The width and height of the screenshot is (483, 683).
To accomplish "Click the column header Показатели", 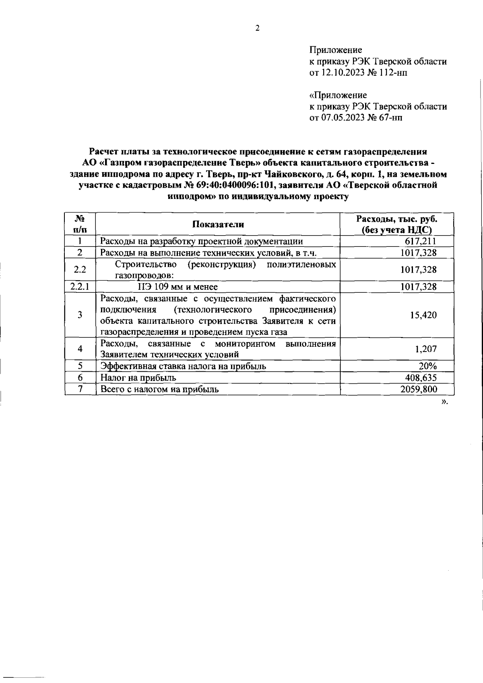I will pyautogui.click(x=218, y=225).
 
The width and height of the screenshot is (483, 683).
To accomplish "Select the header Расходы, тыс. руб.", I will pyautogui.click(x=397, y=219).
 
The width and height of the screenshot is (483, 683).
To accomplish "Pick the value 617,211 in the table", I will pyautogui.click(x=420, y=242).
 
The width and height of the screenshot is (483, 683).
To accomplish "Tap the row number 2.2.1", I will pyautogui.click(x=80, y=287).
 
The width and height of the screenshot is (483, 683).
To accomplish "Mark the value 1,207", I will pyautogui.click(x=425, y=349).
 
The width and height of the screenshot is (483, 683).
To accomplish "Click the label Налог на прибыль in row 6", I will pyautogui.click(x=138, y=378).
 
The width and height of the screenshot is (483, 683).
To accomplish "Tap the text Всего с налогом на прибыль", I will pyautogui.click(x=159, y=389).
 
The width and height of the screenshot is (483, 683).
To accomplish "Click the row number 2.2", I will pyautogui.click(x=80, y=270).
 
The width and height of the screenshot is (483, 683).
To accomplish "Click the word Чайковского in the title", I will pyautogui.click(x=288, y=175).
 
